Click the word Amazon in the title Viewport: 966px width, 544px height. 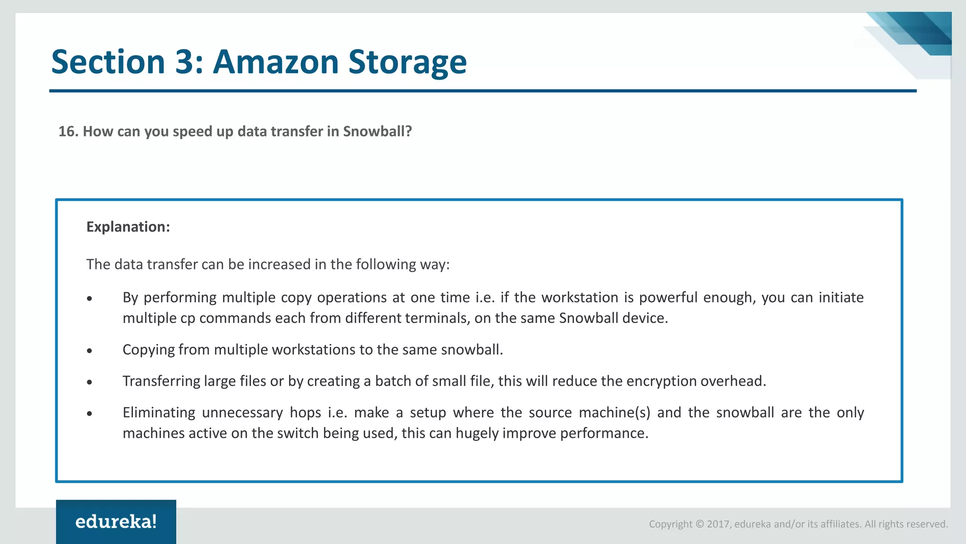275,62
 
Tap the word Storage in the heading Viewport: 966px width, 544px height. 407,63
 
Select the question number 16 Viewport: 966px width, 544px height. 68,131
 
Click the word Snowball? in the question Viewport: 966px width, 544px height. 377,131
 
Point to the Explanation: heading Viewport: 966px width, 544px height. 128,227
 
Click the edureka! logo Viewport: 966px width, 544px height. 116,522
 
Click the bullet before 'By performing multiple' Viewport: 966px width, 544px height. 90,298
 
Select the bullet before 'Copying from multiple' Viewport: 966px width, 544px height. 90,351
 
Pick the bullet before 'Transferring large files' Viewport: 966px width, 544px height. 90,382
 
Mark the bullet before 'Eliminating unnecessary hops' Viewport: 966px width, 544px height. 90,414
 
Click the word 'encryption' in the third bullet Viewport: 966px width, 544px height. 662,381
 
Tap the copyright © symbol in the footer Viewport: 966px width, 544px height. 700,524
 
